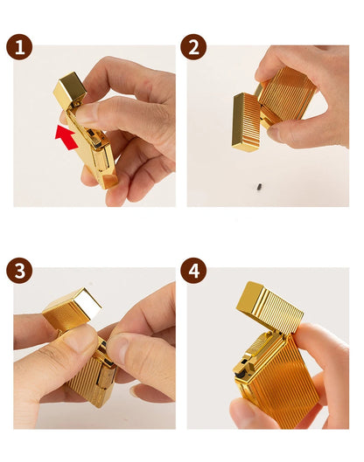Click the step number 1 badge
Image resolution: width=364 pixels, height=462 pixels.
(19, 47)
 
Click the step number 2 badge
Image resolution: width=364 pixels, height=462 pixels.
(193, 47)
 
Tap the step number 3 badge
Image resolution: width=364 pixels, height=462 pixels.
(19, 271)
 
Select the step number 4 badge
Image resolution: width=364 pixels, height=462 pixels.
(193, 271)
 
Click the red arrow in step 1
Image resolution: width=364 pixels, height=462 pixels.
(66, 137)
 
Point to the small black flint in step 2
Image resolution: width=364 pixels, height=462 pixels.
(259, 187)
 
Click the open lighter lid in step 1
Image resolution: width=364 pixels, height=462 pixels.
(70, 88)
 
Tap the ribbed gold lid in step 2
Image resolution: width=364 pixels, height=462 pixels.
(245, 122)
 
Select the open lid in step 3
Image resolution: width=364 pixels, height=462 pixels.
(72, 308)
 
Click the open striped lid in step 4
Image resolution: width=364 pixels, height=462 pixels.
(269, 307)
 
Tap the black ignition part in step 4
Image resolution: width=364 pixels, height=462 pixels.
(241, 374)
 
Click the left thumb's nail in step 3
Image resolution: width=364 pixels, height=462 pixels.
(77, 340)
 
